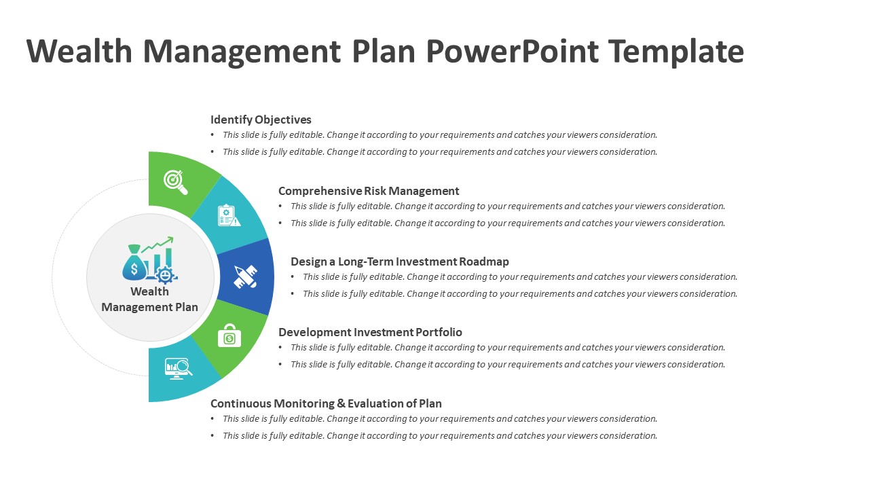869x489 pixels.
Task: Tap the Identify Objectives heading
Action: (x=261, y=120)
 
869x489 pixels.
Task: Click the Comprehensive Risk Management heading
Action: (x=369, y=191)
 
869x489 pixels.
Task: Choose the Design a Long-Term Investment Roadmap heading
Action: (x=399, y=261)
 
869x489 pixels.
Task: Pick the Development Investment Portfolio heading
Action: (x=370, y=332)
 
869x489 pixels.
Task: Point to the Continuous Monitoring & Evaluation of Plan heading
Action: (x=326, y=403)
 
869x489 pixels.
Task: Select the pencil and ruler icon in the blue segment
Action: (x=246, y=277)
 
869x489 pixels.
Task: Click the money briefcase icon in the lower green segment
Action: (x=229, y=336)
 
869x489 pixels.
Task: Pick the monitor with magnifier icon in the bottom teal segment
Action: (x=179, y=368)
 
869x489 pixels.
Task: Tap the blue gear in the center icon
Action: (x=166, y=274)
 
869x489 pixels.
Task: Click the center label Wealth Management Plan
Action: (x=149, y=299)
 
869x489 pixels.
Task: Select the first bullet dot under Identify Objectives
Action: (x=212, y=135)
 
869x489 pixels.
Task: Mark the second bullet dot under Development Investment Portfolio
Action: (x=280, y=365)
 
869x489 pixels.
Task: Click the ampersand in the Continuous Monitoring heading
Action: (x=341, y=403)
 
